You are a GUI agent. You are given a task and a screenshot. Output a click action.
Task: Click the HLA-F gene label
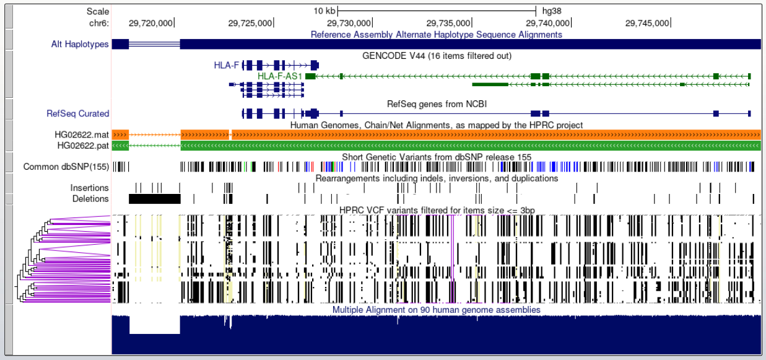(x=227, y=64)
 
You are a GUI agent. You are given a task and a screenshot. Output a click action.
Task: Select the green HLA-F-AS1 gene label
(x=279, y=76)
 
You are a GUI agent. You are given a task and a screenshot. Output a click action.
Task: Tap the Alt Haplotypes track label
(x=80, y=44)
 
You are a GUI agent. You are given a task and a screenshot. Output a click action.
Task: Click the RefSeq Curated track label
(x=78, y=113)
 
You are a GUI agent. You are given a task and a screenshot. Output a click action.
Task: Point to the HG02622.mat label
(x=82, y=134)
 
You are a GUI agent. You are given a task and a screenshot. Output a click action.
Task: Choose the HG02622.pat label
(x=83, y=146)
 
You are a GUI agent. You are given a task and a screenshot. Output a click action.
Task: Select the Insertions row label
(x=89, y=188)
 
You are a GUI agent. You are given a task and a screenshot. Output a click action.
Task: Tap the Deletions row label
(x=90, y=199)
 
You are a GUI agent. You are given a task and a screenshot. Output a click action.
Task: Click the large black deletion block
(x=154, y=199)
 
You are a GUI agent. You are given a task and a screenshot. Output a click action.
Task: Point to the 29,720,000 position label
(x=150, y=23)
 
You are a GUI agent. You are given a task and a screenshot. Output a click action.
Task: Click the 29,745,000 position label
(x=647, y=23)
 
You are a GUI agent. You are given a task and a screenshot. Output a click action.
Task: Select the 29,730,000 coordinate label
(x=349, y=23)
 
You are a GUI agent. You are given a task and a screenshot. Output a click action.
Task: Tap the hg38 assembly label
(x=551, y=11)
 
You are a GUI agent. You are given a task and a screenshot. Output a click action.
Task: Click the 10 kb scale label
(x=324, y=11)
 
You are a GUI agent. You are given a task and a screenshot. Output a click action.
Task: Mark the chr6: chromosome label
(x=99, y=23)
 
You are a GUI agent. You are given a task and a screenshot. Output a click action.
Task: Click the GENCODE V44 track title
(x=437, y=55)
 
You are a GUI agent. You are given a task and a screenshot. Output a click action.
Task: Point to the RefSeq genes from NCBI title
(x=437, y=104)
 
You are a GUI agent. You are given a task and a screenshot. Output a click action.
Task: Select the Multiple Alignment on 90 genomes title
(x=437, y=310)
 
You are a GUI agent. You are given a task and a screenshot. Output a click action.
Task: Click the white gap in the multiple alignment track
(x=154, y=324)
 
